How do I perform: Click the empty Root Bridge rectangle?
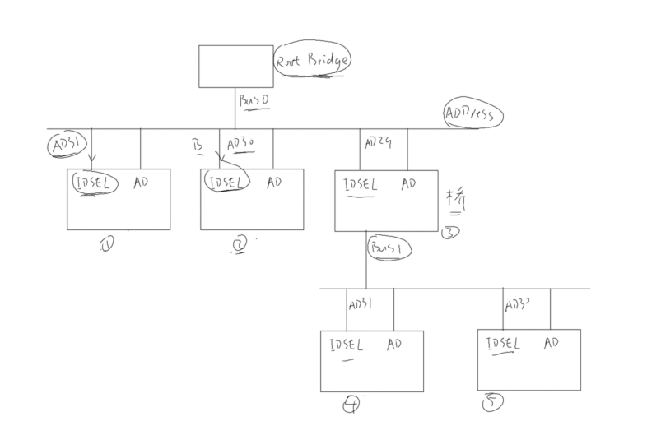coord(235,66)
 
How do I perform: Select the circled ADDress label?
coord(472,114)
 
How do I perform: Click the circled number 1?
coord(106,245)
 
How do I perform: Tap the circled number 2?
coord(239,244)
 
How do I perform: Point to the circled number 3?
coord(450,232)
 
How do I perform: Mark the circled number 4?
coord(351,405)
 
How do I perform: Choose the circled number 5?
coord(492,403)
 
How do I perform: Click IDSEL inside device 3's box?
coord(360,185)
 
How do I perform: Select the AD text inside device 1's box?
coord(141,183)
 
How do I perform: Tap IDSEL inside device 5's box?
coord(503,344)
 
